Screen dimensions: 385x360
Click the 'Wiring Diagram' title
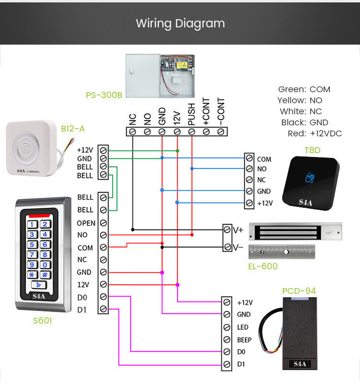[180, 23]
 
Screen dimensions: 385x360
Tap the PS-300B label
[104, 95]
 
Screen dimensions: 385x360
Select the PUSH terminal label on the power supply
[192, 114]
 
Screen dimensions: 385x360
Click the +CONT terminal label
[206, 112]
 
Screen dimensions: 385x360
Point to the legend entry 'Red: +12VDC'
[314, 133]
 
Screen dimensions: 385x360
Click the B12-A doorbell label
[72, 128]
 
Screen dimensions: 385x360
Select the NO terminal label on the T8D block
[262, 169]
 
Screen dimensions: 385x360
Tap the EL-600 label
[263, 266]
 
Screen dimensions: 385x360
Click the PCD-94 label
[299, 291]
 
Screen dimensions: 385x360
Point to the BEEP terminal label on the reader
[244, 339]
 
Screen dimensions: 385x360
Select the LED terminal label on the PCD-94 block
[242, 327]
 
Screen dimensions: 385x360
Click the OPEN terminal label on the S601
[86, 223]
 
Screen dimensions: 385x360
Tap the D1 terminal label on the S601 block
[82, 309]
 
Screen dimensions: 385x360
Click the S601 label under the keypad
[42, 321]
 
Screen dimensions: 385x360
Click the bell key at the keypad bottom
[38, 285]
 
